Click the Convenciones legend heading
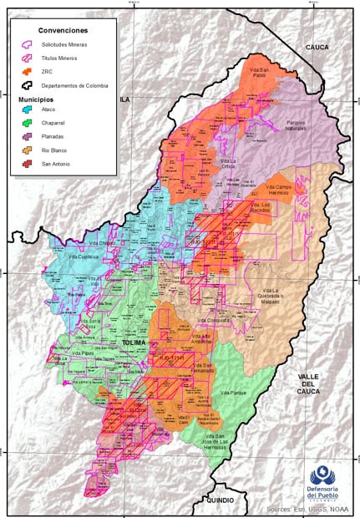(63, 29)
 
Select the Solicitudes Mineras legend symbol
(27, 43)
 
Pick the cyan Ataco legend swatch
(27, 110)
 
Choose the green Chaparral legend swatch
(27, 124)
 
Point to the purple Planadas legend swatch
(27, 138)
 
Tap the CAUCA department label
(317, 48)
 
